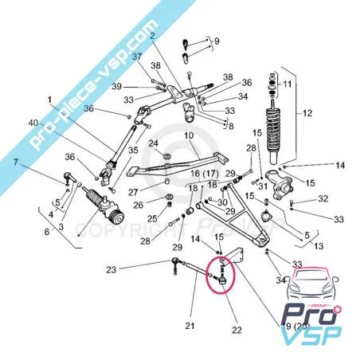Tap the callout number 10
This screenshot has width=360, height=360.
coord(189,136)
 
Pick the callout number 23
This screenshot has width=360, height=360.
coord(112,268)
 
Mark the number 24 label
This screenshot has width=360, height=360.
coord(155,143)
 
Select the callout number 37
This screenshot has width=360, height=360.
coord(136,56)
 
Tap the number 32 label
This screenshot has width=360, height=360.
coord(323,198)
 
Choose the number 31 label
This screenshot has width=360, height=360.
coord(260,185)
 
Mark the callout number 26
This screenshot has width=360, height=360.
coord(138,204)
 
